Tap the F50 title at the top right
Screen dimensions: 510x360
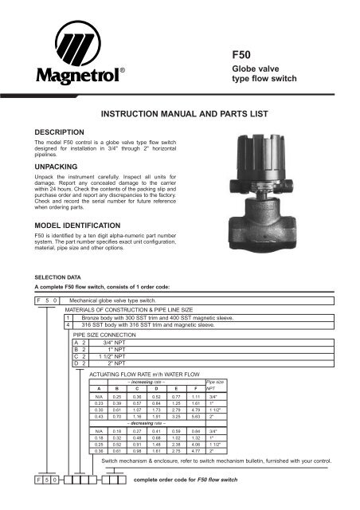point(242,57)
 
